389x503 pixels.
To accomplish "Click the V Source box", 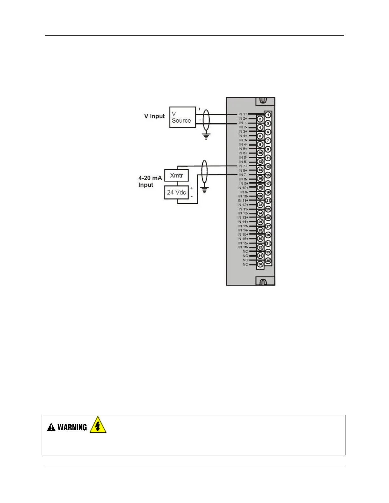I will click(x=182, y=117).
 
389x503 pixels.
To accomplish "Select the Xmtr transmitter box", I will click(x=176, y=175).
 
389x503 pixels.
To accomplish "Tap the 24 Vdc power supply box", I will click(x=176, y=192).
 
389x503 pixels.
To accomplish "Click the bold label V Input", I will click(x=154, y=116).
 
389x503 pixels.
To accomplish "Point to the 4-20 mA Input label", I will click(x=150, y=181).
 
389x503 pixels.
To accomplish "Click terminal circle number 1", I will click(x=268, y=115).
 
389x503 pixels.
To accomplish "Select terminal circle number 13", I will click(x=268, y=166).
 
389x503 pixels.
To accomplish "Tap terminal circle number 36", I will click(x=260, y=264).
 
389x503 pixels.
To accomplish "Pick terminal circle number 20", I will click(x=260, y=196).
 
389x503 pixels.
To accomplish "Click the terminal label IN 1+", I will click(x=243, y=114).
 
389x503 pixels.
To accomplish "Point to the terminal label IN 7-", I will click(x=243, y=175).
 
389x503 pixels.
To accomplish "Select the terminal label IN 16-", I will click(x=243, y=247).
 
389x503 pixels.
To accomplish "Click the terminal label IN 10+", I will click(x=243, y=188).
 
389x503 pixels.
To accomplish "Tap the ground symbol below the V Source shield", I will click(x=206, y=137).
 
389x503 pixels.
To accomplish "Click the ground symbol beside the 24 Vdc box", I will click(x=204, y=190).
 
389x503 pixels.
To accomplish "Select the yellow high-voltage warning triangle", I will click(x=98, y=426).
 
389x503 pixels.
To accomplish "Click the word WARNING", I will click(x=72, y=427).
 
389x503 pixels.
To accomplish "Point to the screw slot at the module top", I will click(x=263, y=101).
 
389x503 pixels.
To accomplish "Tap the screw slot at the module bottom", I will click(x=263, y=282).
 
